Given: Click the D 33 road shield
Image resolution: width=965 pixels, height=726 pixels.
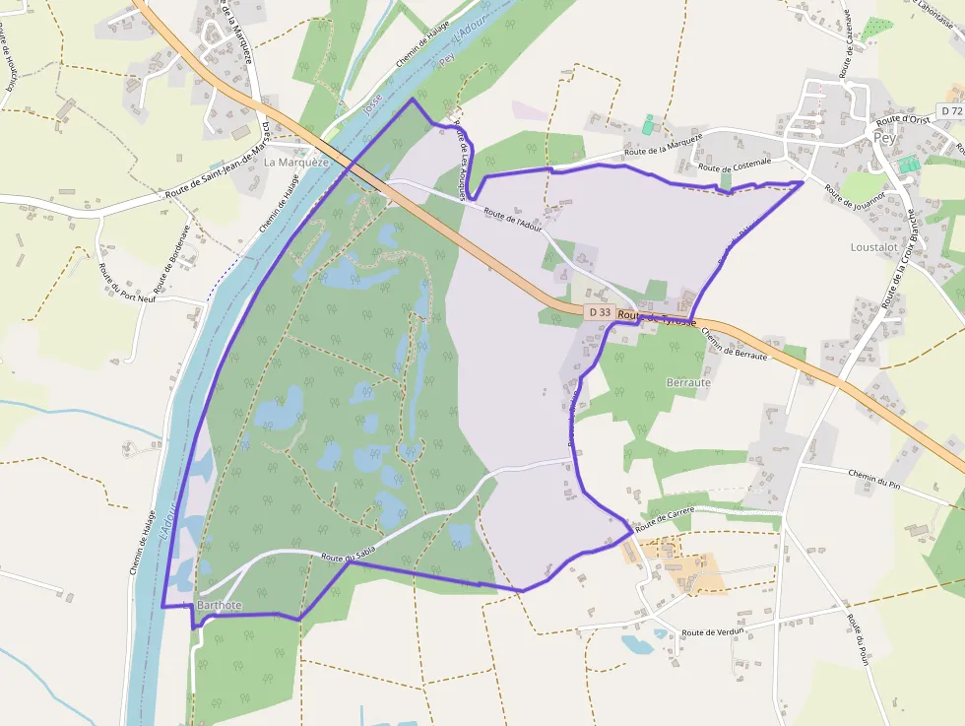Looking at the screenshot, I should (x=599, y=312).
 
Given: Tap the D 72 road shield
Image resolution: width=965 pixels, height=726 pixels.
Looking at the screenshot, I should (x=951, y=111).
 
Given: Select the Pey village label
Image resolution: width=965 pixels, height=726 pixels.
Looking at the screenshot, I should (x=884, y=138).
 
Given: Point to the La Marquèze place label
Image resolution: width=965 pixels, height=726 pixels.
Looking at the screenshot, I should (x=296, y=162).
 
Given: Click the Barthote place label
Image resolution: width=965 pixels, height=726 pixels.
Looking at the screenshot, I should (x=219, y=604).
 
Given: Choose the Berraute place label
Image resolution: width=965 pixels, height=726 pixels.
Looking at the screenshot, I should (x=688, y=381).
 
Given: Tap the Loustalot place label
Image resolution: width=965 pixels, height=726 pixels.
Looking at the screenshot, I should (x=873, y=247).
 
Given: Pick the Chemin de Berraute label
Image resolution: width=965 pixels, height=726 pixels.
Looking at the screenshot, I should (x=734, y=343).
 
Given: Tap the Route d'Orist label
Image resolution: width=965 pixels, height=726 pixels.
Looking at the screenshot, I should (x=903, y=119).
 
